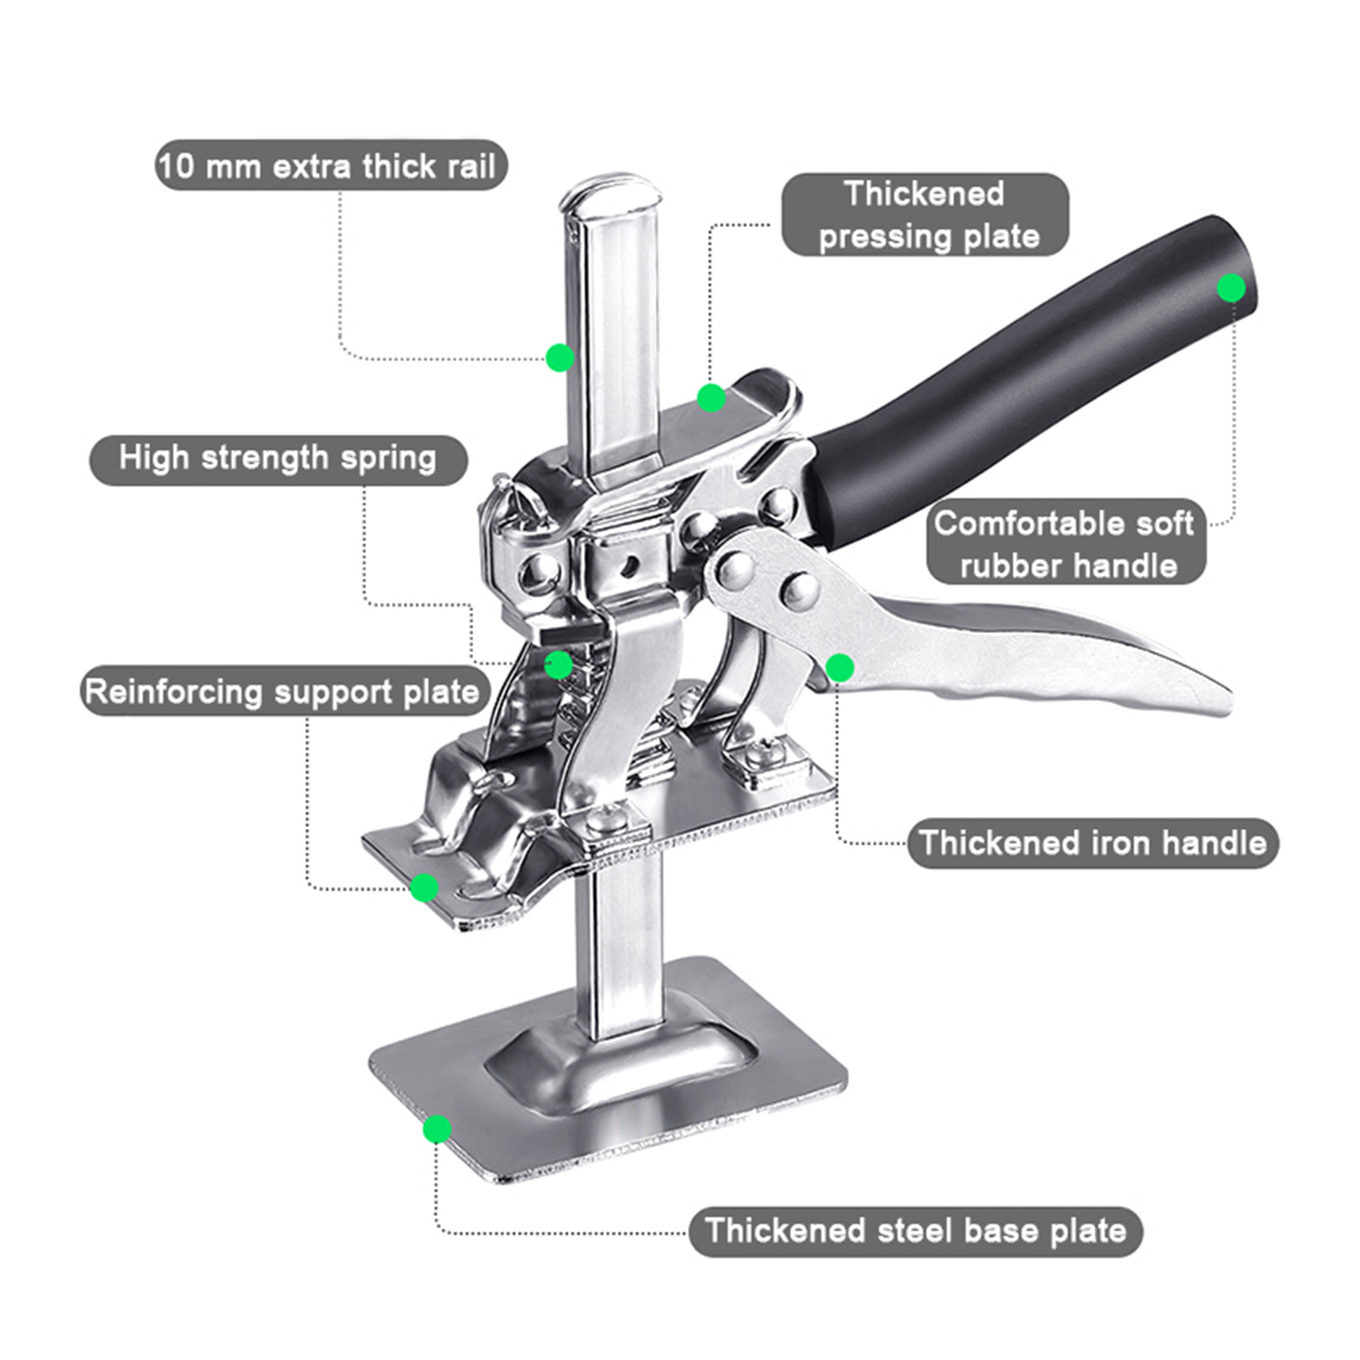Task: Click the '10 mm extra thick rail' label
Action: (x=331, y=165)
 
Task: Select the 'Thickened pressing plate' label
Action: (x=925, y=215)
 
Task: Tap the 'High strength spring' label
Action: (x=278, y=459)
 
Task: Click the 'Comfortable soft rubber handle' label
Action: (x=1066, y=543)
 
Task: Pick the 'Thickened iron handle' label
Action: (x=1092, y=842)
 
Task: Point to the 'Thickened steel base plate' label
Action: (x=915, y=1231)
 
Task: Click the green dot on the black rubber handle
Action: (x=1231, y=288)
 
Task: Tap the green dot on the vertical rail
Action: (x=559, y=357)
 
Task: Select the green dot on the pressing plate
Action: (x=711, y=397)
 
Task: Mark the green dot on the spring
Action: (x=558, y=665)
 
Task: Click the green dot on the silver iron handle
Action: (x=840, y=668)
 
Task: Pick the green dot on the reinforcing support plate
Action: (x=424, y=888)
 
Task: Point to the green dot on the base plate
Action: (x=437, y=1129)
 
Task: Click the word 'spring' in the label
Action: (x=388, y=460)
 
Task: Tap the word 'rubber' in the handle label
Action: (x=1010, y=566)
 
